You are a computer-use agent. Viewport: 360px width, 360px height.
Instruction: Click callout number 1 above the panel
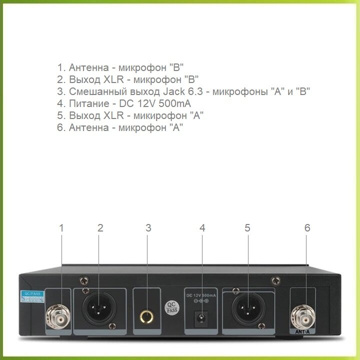[x=61, y=228]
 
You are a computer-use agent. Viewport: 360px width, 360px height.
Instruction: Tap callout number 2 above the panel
[x=100, y=228]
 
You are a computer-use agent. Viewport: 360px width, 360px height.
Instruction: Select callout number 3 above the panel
[x=148, y=228]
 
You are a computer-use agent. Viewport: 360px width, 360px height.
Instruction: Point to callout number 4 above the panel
[x=202, y=228]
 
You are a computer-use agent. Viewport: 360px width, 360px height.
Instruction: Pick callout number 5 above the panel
[x=247, y=228]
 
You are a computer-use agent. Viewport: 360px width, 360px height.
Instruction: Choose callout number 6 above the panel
[x=307, y=228]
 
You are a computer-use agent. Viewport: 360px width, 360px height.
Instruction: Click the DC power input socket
[x=201, y=317]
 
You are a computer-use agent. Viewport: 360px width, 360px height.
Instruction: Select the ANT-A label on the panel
[x=303, y=331]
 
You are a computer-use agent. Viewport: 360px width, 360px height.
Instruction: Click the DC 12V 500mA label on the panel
[x=201, y=295]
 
